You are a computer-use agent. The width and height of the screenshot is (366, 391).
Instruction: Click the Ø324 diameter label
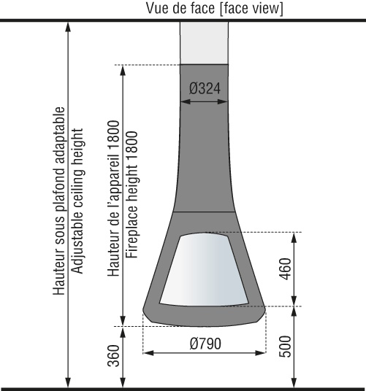[205, 88]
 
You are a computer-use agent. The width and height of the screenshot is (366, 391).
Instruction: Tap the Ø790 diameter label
[205, 344]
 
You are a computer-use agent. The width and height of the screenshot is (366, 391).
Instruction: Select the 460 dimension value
[285, 268]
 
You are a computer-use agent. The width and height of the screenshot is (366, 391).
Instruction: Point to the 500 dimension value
[285, 347]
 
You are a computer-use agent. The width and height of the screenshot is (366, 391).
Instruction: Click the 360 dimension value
[113, 355]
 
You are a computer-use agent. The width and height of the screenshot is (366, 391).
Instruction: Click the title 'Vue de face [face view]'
[215, 8]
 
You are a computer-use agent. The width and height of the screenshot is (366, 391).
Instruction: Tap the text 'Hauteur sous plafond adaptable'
[59, 201]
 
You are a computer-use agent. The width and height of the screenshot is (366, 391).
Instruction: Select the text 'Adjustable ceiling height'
[77, 201]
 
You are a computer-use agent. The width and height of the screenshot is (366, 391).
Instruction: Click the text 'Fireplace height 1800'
[131, 195]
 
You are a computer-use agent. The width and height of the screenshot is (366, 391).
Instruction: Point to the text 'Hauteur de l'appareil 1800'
[113, 198]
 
